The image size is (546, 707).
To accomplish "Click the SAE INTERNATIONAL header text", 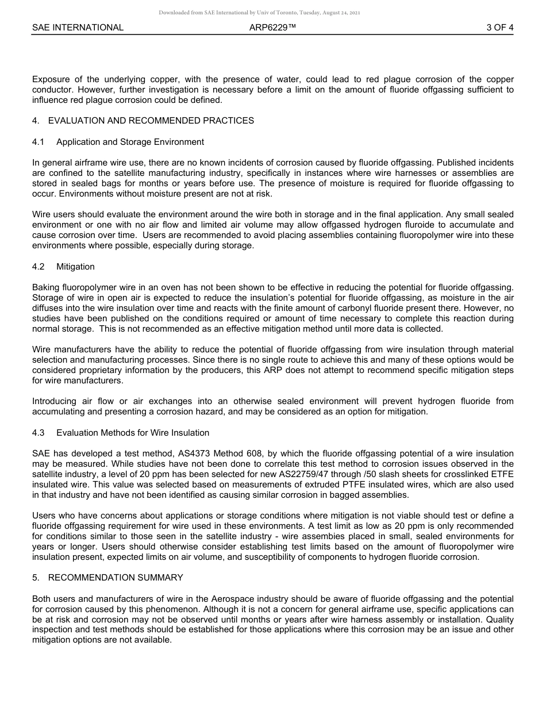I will point(78,28).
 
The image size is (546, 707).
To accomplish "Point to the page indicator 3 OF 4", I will point(499,28).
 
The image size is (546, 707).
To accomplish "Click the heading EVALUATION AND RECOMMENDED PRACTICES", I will point(151,121).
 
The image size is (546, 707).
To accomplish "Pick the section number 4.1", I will point(39,142).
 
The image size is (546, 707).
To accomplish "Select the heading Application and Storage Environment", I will point(130,142).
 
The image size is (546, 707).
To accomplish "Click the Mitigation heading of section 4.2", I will point(75,267).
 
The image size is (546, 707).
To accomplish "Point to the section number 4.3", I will point(39,433).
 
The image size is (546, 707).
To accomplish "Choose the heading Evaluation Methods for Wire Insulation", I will point(133,433).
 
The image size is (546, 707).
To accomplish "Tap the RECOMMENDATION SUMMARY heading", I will point(116,578).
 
